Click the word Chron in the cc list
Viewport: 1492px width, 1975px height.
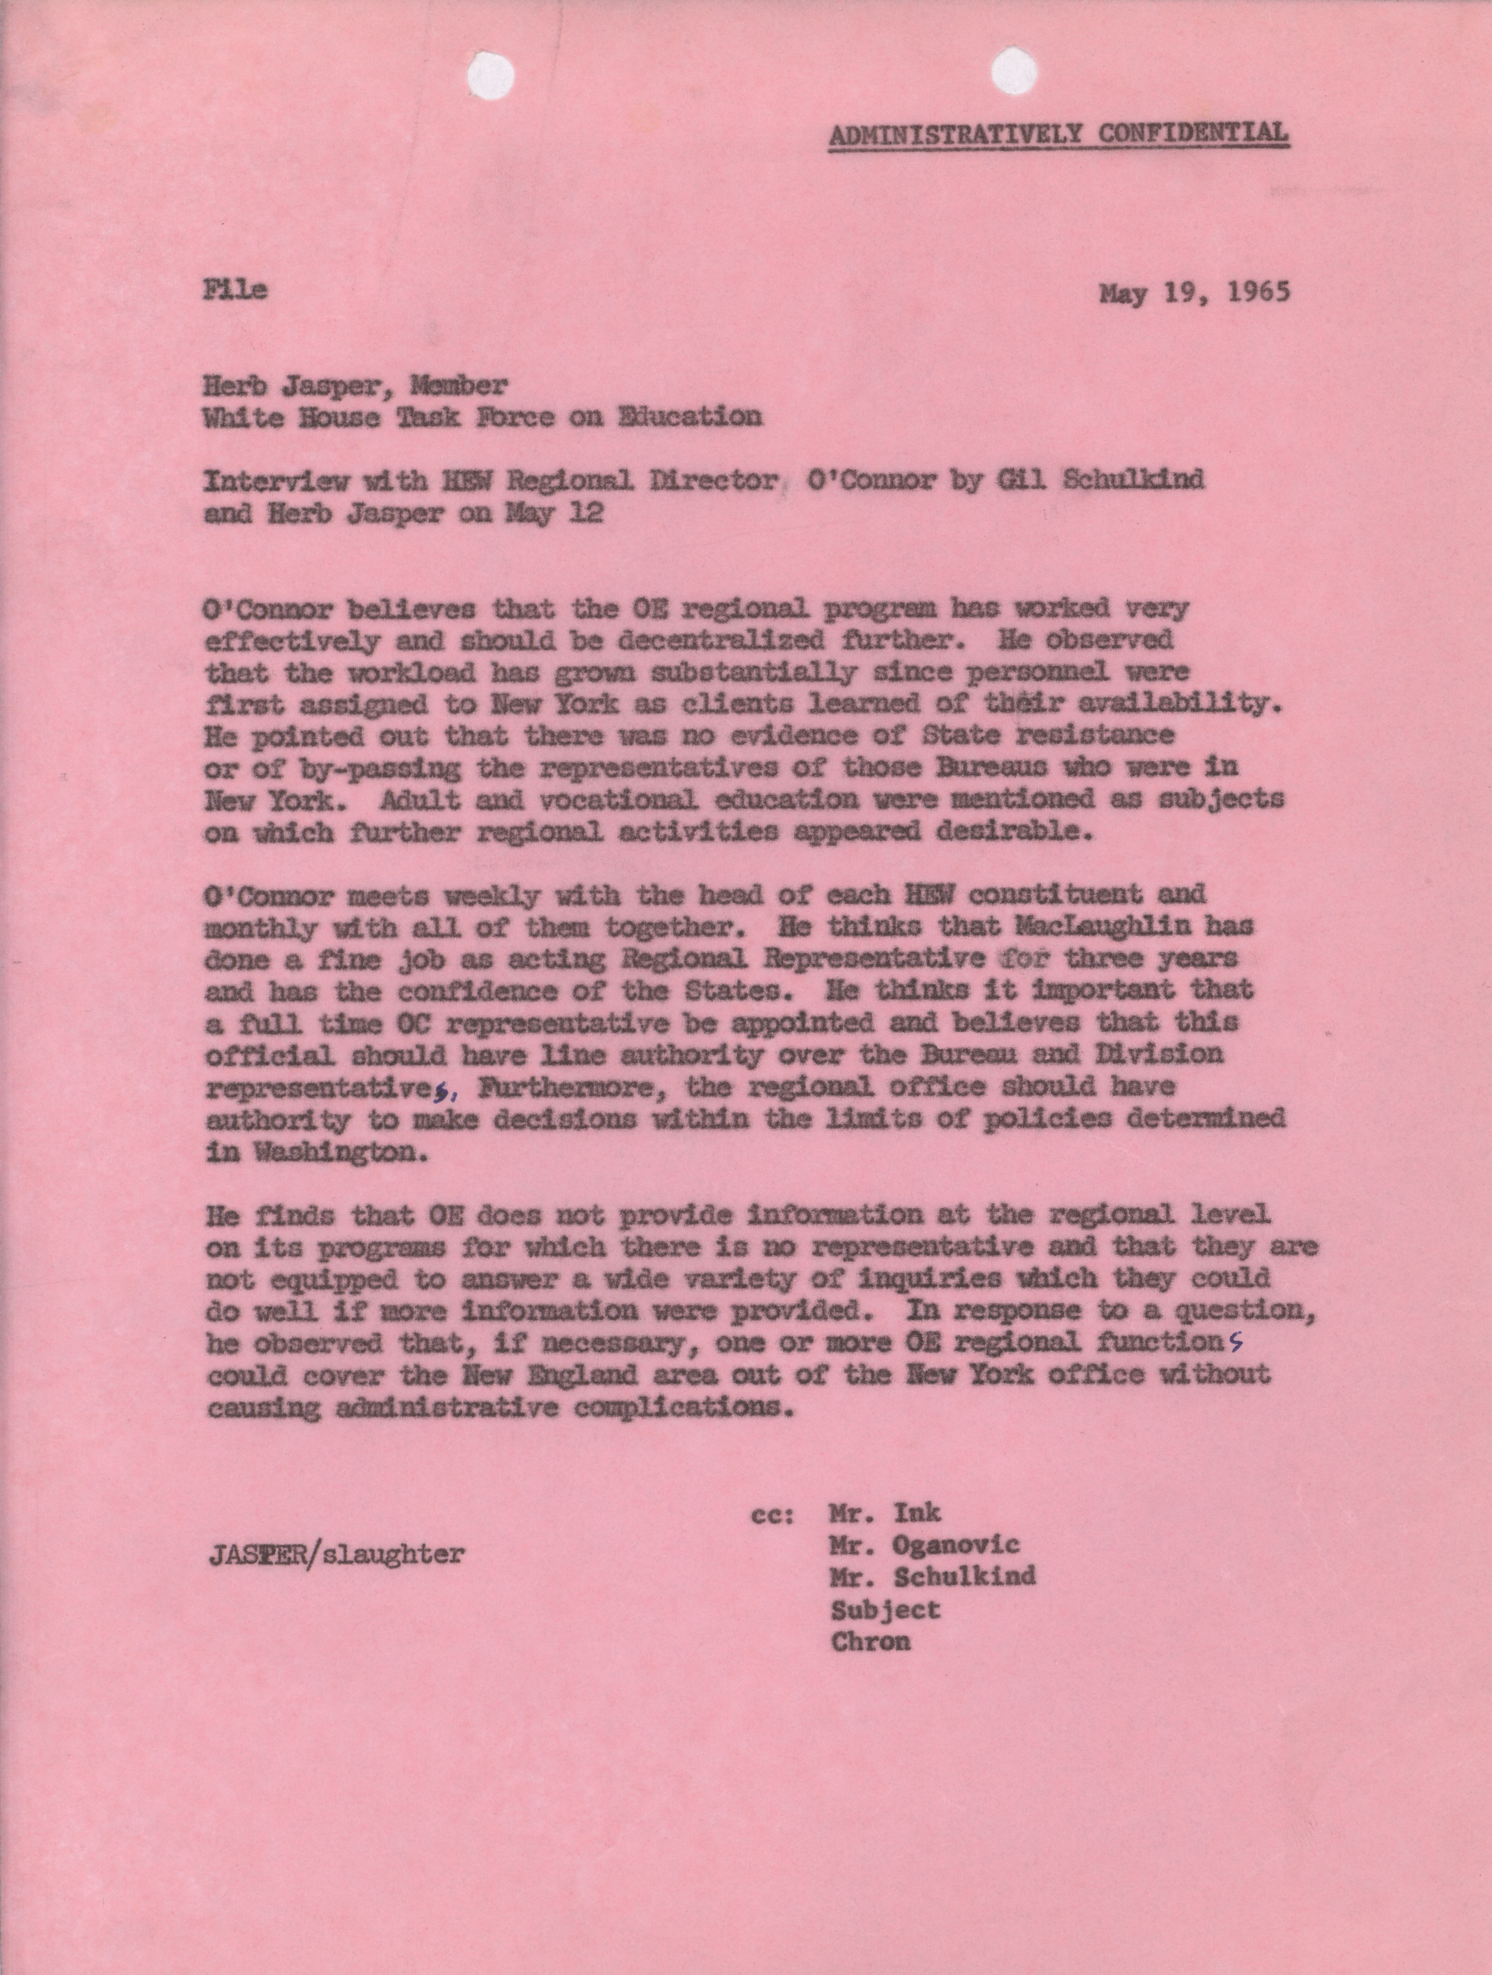tap(870, 1641)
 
